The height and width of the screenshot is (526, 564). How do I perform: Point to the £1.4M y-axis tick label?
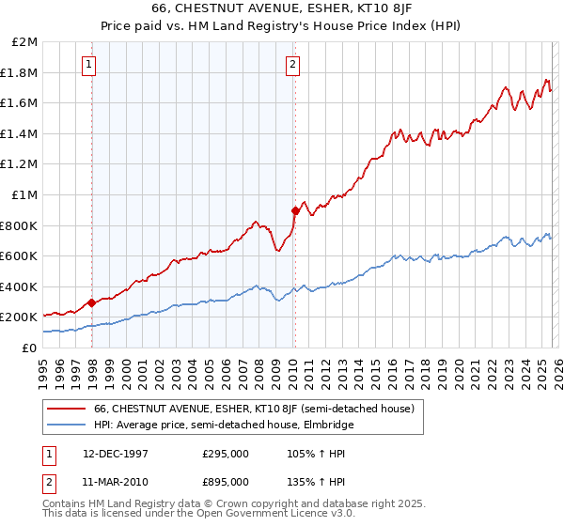tap(20, 133)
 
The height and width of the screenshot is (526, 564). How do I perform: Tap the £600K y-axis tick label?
tap(19, 255)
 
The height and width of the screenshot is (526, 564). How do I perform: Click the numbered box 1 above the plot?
tap(88, 65)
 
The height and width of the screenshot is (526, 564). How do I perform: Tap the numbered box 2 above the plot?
tap(292, 65)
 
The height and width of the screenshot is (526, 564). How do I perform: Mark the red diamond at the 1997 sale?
tap(91, 302)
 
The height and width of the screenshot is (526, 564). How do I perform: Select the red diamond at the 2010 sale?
tap(295, 211)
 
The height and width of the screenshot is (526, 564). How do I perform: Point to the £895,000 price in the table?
tap(226, 481)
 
